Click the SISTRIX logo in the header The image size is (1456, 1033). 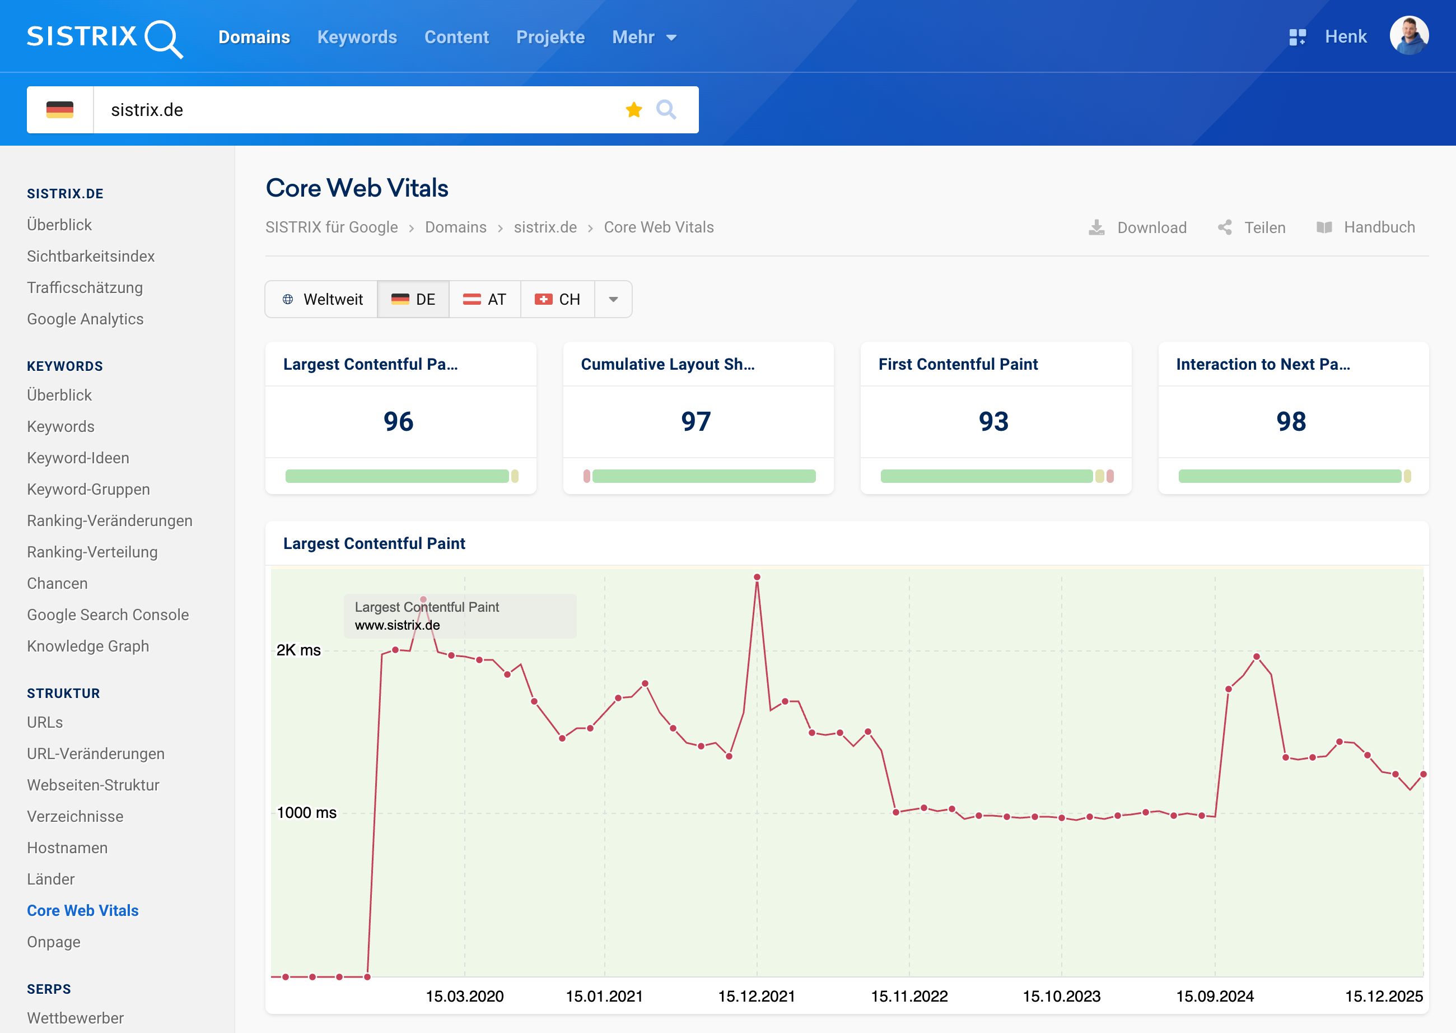pos(105,38)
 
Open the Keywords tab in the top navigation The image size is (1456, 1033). pos(357,37)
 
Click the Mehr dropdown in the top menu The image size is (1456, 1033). pos(643,37)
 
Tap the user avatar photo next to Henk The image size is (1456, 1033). pos(1408,36)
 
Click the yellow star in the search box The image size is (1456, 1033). pos(633,110)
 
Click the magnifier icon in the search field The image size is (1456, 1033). pos(666,110)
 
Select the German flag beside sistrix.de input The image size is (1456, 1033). pos(60,110)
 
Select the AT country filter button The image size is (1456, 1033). pos(484,300)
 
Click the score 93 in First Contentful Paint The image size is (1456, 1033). pos(993,422)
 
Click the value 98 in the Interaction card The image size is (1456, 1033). pos(1291,422)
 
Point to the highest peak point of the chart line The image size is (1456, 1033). pos(757,578)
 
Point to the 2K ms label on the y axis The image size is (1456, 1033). pos(298,650)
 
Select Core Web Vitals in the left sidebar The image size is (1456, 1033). pos(83,910)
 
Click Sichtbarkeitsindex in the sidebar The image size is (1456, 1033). pos(91,257)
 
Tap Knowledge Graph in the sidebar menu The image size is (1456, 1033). pos(88,646)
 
